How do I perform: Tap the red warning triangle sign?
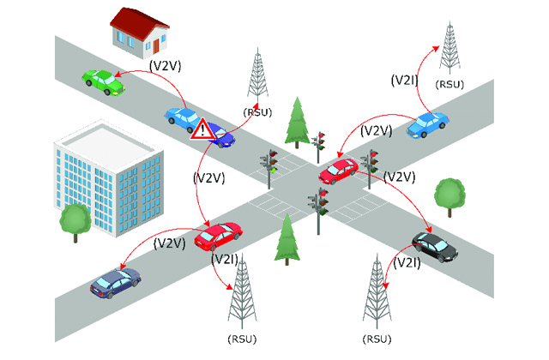[x=202, y=129]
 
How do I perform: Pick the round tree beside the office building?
[x=75, y=221]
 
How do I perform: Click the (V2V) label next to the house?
[x=166, y=64]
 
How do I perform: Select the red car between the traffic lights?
[x=339, y=170]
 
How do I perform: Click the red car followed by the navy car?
[x=218, y=234]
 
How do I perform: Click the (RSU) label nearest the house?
[x=258, y=111]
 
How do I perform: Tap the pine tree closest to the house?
[x=298, y=119]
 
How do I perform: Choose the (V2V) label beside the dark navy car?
[x=170, y=243]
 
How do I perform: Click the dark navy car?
[x=115, y=281]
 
